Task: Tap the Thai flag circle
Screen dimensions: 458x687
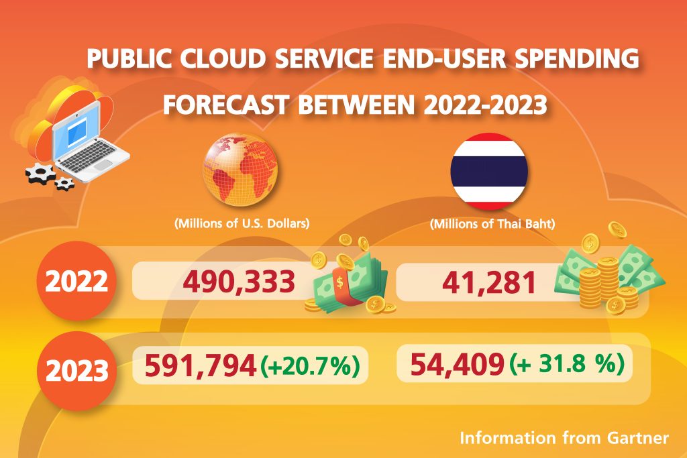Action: point(489,170)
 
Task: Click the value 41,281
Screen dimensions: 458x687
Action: point(488,282)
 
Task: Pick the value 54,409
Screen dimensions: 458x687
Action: point(457,365)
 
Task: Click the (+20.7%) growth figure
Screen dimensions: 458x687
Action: point(311,367)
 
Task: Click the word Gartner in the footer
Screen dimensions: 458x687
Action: point(637,439)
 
